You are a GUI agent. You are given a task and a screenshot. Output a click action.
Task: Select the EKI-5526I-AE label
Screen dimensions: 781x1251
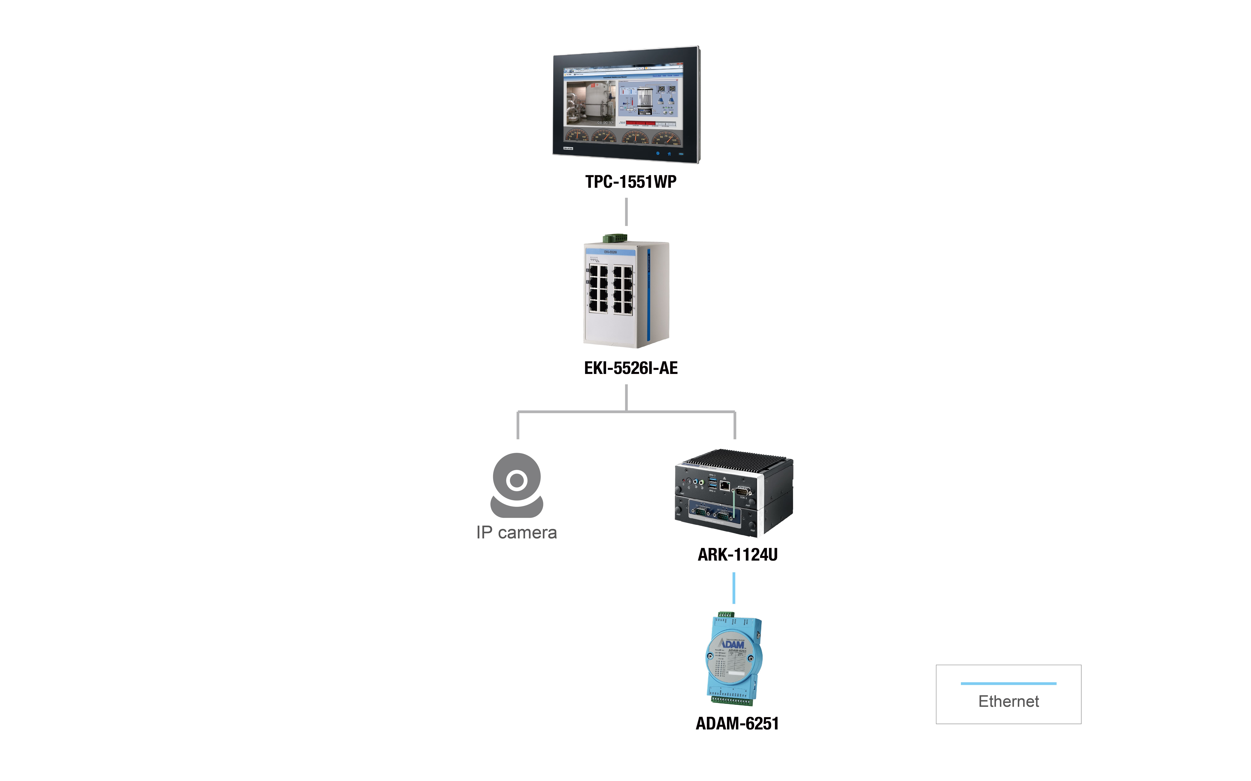click(631, 368)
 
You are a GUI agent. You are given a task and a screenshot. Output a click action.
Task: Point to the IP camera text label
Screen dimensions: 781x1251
click(516, 532)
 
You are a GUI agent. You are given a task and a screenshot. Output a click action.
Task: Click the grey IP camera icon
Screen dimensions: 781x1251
click(516, 485)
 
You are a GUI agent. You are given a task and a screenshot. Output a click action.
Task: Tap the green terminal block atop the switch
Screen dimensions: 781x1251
click(615, 238)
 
